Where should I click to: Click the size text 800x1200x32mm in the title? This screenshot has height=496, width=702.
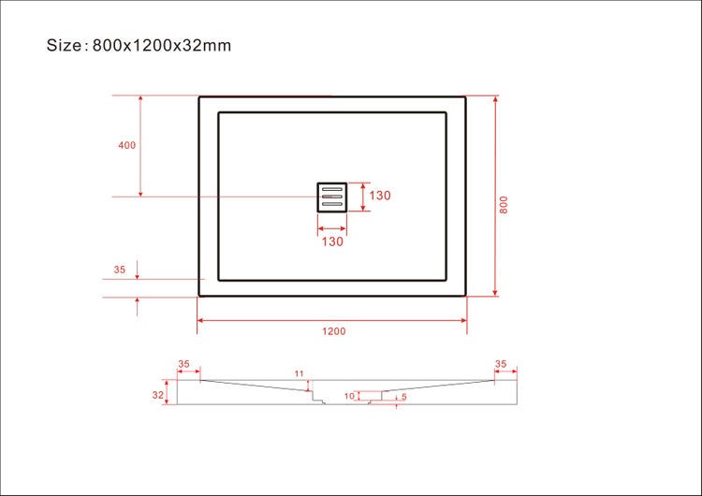pos(162,45)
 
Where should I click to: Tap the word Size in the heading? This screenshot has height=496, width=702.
pos(66,45)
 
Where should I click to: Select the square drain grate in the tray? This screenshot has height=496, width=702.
pos(331,197)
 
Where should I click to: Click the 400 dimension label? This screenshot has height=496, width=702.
pos(127,145)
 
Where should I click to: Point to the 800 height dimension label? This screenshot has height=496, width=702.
pos(504,205)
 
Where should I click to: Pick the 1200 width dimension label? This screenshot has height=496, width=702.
pos(334,331)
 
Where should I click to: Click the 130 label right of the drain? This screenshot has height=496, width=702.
pos(379,197)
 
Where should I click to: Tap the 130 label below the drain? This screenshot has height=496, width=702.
pos(332,241)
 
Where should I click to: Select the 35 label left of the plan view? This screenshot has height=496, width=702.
pos(119,270)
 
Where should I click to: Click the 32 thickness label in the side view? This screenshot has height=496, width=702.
pos(158,395)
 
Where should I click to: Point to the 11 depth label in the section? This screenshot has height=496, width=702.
pos(300,374)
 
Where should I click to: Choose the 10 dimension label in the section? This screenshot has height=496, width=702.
pos(348,396)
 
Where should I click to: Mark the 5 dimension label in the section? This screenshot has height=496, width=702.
pos(403,397)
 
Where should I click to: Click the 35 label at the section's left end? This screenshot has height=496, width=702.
pos(183,364)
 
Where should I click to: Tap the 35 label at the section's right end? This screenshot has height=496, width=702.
pos(501,364)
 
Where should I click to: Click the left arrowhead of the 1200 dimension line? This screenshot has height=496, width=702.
pos(200,320)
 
